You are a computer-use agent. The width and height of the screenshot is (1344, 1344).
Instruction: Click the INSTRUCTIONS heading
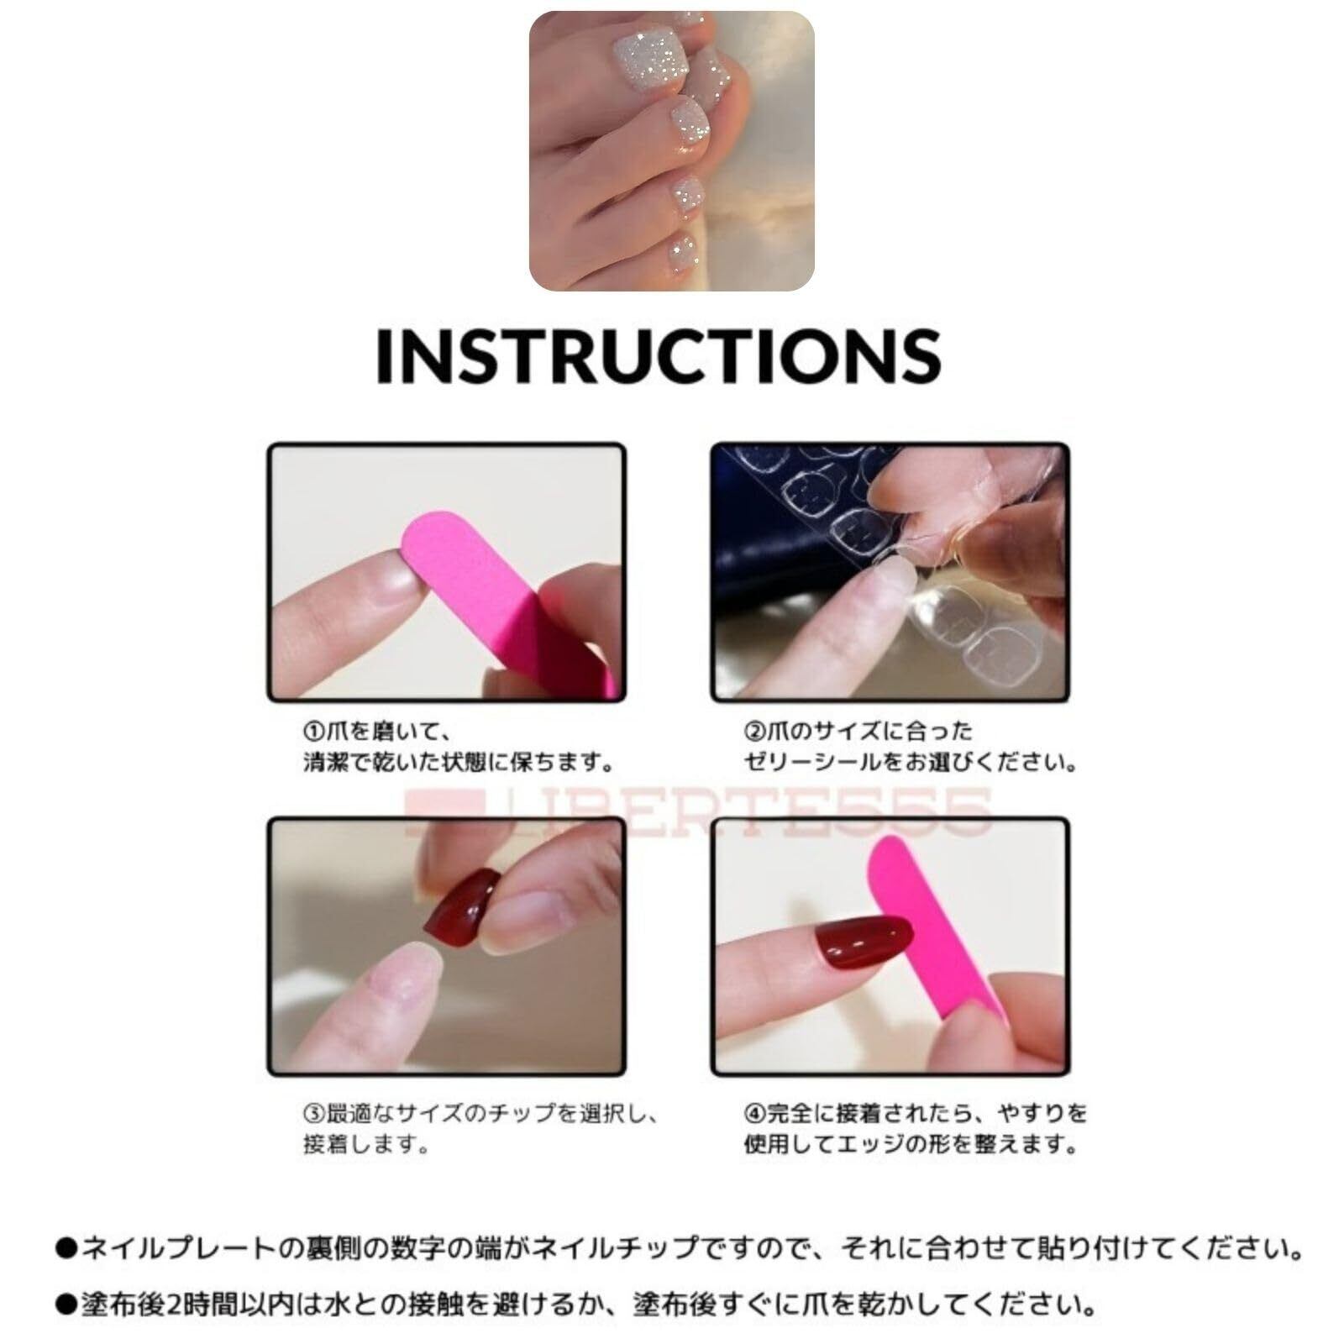point(658,355)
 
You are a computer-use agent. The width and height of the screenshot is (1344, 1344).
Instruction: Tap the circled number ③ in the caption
point(313,1114)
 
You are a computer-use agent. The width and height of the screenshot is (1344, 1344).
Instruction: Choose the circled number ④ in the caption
point(753,1114)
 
